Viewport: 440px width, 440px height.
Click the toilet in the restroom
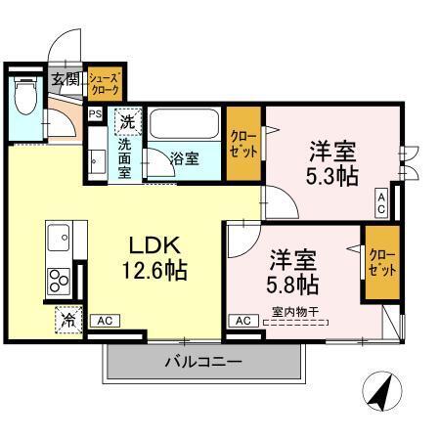click(23, 95)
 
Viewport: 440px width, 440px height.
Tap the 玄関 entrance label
click(65, 80)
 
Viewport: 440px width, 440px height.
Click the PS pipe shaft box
click(95, 114)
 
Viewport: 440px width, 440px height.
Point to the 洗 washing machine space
click(126, 122)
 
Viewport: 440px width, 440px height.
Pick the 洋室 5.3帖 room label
click(332, 162)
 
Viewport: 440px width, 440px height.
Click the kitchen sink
click(58, 238)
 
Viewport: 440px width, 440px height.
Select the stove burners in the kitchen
click(58, 280)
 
